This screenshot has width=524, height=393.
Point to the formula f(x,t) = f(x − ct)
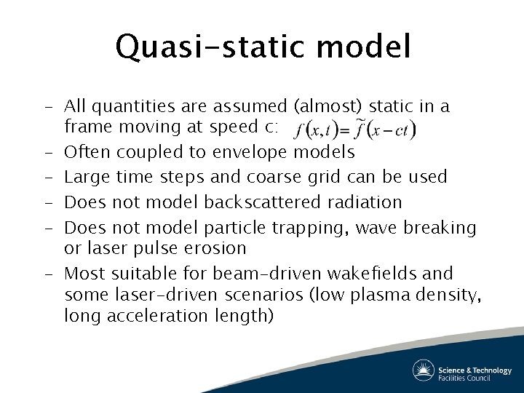[354, 131]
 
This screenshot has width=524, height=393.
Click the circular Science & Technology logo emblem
[424, 370]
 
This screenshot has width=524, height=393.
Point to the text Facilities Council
[474, 378]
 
